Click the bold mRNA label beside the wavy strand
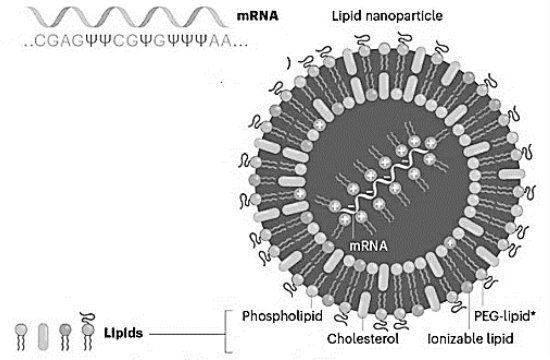(257, 16)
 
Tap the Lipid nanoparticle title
(387, 16)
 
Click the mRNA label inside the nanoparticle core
(368, 246)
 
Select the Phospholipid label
(282, 316)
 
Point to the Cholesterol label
(363, 339)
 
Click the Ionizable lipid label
(470, 339)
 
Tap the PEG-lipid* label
(504, 316)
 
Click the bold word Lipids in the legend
(123, 333)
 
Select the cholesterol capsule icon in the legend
(43, 336)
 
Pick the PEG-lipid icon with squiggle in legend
(88, 332)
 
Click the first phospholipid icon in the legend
(21, 337)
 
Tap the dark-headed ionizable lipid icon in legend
(65, 337)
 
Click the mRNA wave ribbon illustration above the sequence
(127, 17)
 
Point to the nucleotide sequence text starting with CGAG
(136, 41)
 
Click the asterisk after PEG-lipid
(533, 313)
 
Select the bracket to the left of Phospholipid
(226, 331)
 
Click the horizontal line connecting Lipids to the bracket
(187, 334)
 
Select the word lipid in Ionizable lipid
(500, 339)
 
